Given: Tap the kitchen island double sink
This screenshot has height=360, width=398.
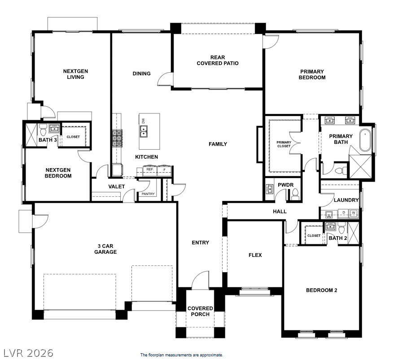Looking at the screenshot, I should click(x=144, y=131).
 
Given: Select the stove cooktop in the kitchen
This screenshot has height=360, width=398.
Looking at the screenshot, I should click(x=117, y=138).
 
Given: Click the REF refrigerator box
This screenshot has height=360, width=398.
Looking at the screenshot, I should click(x=150, y=169).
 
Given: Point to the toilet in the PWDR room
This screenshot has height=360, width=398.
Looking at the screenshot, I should click(x=295, y=193).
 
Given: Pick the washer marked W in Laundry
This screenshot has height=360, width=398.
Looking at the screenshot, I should click(x=354, y=213).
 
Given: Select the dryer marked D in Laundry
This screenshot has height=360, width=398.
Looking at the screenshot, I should click(x=344, y=213).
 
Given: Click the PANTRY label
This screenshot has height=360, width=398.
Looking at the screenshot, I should click(x=148, y=194).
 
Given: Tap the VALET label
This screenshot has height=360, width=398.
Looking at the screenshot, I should click(x=117, y=187).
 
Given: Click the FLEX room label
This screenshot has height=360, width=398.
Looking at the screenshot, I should click(x=255, y=255).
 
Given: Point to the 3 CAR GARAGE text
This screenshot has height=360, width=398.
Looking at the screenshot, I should click(x=105, y=249).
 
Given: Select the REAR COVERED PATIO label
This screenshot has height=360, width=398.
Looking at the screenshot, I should click(x=217, y=60).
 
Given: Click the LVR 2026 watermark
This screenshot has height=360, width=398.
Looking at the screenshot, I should click(x=28, y=353).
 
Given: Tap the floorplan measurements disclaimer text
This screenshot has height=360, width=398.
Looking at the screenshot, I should click(x=181, y=355).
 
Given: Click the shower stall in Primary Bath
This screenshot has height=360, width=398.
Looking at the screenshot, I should click(x=361, y=167).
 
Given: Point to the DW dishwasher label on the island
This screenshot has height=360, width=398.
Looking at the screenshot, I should click(x=144, y=121).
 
